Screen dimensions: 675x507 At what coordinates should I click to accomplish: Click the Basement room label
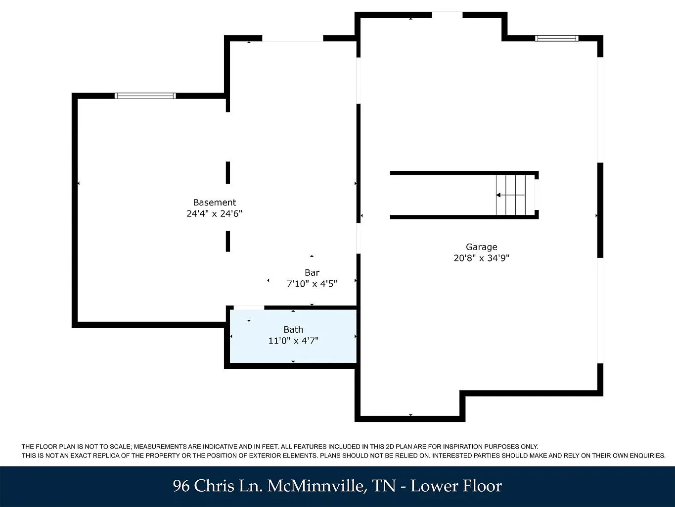(214, 203)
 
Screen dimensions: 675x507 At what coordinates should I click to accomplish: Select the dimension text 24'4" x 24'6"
(214, 213)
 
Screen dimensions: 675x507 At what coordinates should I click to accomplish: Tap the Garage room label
(481, 247)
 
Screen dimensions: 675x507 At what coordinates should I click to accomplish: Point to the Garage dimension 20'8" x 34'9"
(481, 258)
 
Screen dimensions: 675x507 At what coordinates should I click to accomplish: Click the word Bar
(312, 273)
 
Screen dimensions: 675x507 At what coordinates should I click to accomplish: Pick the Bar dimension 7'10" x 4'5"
(312, 284)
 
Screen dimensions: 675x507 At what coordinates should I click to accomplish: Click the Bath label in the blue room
(293, 330)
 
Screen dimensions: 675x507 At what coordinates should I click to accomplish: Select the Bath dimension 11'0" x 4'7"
(293, 341)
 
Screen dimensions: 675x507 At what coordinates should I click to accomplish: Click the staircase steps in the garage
(511, 195)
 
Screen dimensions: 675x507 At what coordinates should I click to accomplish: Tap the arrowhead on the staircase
(498, 195)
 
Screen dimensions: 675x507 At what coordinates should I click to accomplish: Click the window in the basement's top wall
(145, 96)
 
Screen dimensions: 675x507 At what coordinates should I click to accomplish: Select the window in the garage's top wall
(557, 39)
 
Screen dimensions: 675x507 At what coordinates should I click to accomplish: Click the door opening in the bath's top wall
(249, 307)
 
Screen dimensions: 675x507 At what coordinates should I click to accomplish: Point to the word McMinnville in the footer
(317, 486)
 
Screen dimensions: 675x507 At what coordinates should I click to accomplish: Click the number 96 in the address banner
(181, 486)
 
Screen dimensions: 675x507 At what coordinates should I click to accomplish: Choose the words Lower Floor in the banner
(456, 486)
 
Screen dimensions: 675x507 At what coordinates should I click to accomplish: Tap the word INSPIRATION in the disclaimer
(463, 447)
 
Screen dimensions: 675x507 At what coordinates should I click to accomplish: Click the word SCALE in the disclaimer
(122, 447)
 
